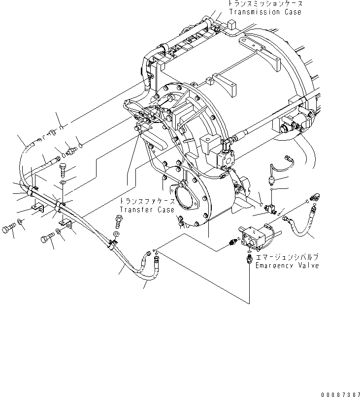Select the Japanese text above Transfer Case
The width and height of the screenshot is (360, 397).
click(146, 202)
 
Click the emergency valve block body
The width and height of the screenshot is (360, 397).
click(256, 235)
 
